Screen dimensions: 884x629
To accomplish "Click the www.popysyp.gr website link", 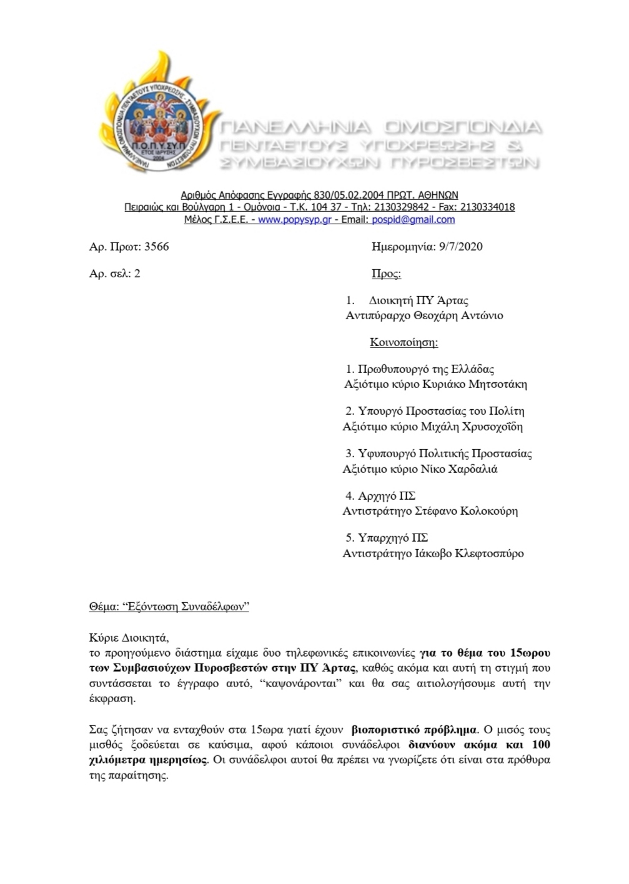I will coord(294,220).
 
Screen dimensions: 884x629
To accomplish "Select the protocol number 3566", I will coord(156,246).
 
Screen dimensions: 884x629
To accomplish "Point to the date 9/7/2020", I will coord(461,246).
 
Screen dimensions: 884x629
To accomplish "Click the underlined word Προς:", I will coord(386,274).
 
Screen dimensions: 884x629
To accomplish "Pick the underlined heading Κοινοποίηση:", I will coord(404,342).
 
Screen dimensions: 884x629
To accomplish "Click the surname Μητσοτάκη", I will coord(497,384).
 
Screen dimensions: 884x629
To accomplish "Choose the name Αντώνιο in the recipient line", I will coord(481,315).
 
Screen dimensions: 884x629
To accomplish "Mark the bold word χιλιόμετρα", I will coord(116,760).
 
